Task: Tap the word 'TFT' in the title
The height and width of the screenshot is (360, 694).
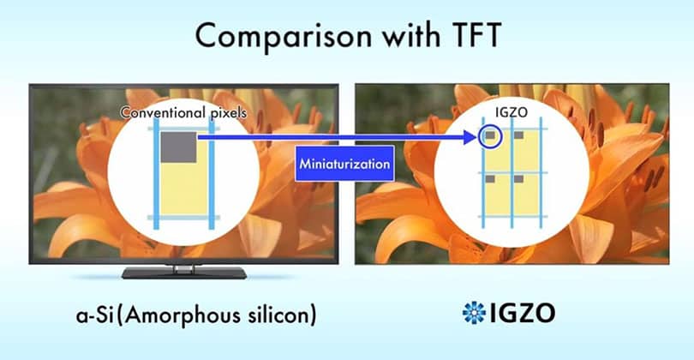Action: (469, 39)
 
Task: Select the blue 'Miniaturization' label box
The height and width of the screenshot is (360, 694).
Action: (344, 162)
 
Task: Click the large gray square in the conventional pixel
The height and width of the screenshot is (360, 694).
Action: (178, 144)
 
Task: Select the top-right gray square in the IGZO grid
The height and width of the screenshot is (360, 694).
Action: (518, 135)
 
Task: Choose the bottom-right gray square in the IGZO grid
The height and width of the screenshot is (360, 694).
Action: (518, 179)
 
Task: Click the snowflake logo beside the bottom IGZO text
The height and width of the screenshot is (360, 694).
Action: (472, 312)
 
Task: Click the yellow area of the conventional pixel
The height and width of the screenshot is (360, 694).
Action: (181, 189)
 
